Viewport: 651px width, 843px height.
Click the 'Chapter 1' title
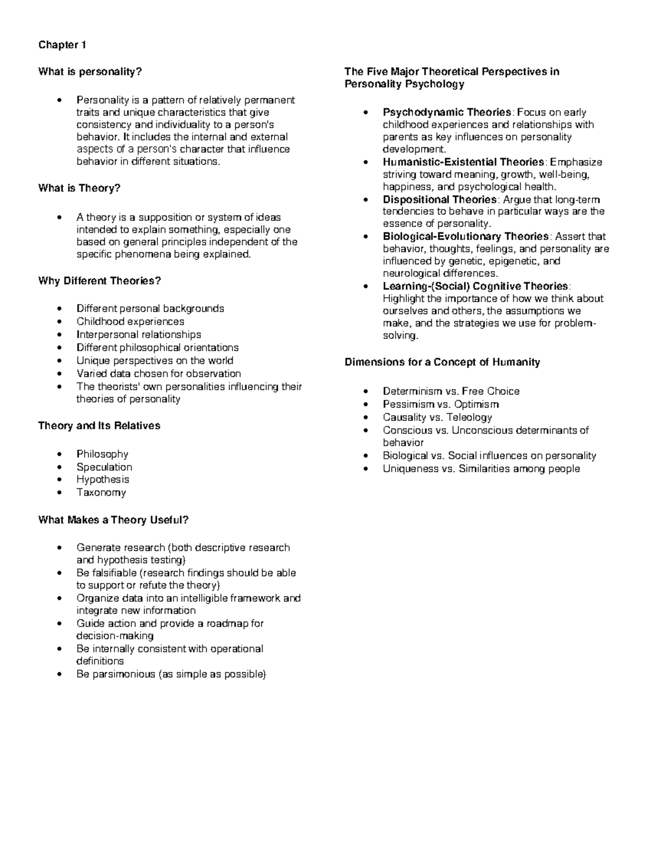click(62, 45)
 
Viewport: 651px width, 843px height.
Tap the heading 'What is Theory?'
click(79, 188)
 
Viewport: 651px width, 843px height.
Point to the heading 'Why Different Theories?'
click(100, 281)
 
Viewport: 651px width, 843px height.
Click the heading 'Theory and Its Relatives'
click(99, 426)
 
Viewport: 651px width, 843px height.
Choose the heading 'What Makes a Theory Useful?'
click(113, 520)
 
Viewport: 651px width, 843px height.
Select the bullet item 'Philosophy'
click(103, 454)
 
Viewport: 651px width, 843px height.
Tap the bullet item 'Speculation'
click(104, 467)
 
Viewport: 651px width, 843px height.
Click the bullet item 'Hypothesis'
click(103, 480)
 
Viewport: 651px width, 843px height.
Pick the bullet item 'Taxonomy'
click(101, 493)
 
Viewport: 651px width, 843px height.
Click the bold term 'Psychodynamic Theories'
click(447, 112)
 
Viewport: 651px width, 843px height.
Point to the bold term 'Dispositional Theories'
click(439, 200)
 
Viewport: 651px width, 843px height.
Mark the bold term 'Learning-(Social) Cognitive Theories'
click(476, 286)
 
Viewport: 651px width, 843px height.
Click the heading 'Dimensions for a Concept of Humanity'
click(442, 362)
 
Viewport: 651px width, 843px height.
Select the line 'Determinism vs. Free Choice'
click(451, 391)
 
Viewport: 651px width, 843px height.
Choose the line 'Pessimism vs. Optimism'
click(441, 404)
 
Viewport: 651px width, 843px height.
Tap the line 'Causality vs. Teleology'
click(437, 417)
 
